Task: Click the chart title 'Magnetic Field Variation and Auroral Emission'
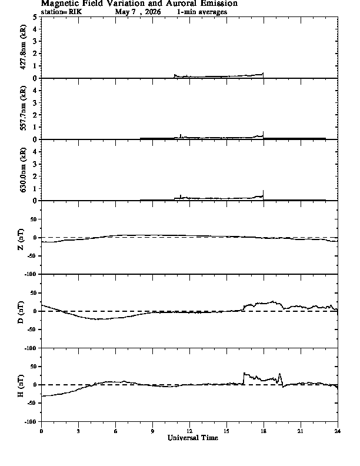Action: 139,4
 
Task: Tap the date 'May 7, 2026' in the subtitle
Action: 138,12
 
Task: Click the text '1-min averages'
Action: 202,12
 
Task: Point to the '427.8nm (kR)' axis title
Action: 22,47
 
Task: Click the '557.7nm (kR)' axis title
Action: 22,108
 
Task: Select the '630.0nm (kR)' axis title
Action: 22,169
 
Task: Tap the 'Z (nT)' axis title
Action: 21,239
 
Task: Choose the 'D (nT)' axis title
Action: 21,312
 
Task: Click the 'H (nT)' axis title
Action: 21,386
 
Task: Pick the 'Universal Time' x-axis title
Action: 193,438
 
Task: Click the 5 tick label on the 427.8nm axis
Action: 35,17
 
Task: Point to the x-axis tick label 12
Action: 189,431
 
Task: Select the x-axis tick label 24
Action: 338,431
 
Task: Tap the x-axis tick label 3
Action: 78,431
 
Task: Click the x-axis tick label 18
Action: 264,431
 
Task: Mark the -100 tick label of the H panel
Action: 31,421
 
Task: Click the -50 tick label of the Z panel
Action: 32,256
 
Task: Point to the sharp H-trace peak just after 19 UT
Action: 279,374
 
